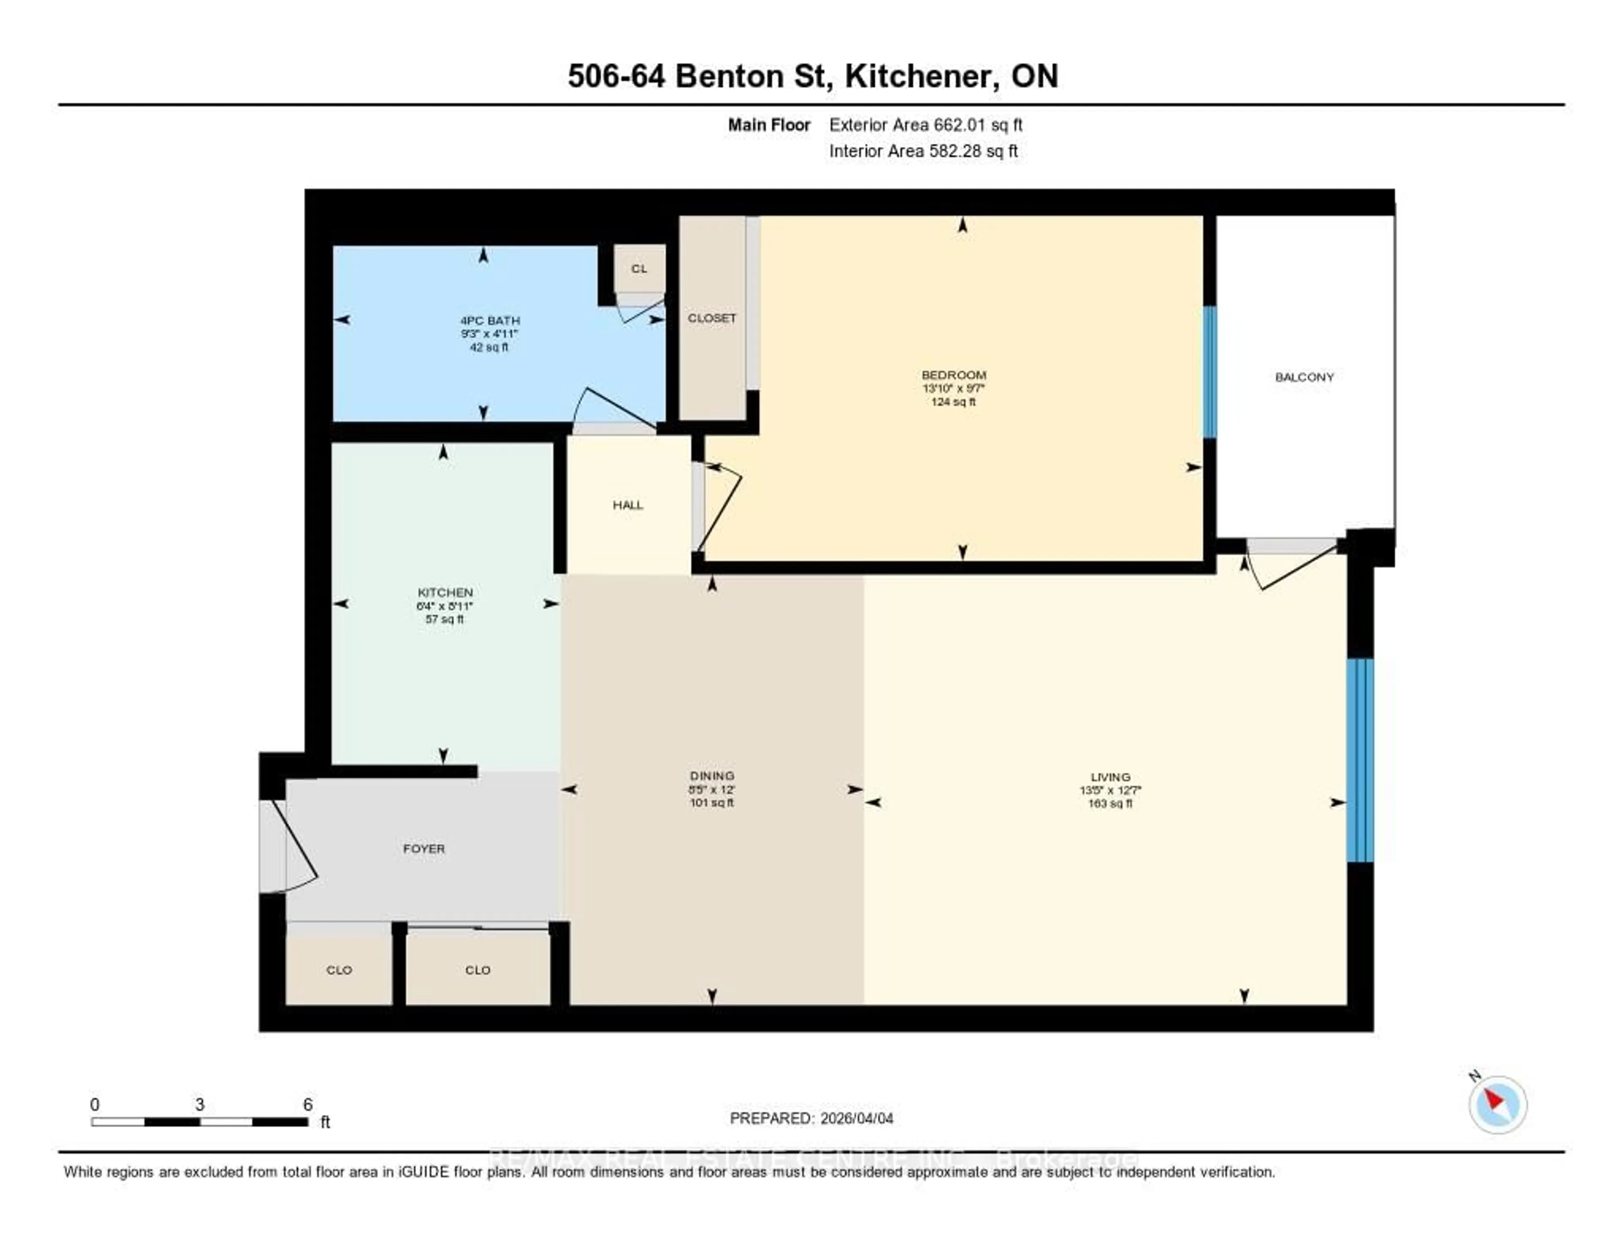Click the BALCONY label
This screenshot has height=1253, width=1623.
pyautogui.click(x=1304, y=377)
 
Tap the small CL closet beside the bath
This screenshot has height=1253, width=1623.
pyautogui.click(x=639, y=269)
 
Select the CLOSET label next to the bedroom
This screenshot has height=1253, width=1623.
pyautogui.click(x=712, y=318)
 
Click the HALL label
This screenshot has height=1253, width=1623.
pyautogui.click(x=628, y=505)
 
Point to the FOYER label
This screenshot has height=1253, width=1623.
pyautogui.click(x=424, y=848)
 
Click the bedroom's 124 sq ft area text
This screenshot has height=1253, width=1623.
pyautogui.click(x=954, y=402)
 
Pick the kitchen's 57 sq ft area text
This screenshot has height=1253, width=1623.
pyautogui.click(x=444, y=619)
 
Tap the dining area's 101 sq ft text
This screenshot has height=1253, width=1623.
pyautogui.click(x=712, y=803)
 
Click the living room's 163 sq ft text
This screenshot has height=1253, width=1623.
pyautogui.click(x=1110, y=804)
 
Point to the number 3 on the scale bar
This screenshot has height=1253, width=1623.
pyautogui.click(x=199, y=1104)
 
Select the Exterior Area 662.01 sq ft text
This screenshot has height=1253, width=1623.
pyautogui.click(x=925, y=125)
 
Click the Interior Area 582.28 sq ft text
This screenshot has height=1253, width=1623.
pyautogui.click(x=923, y=152)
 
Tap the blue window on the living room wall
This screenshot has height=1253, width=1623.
pyautogui.click(x=1360, y=760)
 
